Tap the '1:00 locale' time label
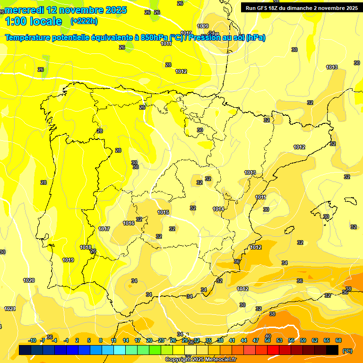coord(33,21)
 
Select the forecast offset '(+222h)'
coord(84,21)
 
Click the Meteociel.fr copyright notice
coord(200,359)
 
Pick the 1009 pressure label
coord(203,26)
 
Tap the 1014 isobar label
coord(218,209)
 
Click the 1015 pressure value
coord(163,213)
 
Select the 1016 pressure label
coord(129,223)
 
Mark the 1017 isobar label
coord(104,229)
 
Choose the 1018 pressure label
coord(86,247)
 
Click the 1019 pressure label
coord(68,260)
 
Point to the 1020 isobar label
coord(29,280)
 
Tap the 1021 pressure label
coord(10,309)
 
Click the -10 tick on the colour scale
coord(32,340)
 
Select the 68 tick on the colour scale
coord(338,340)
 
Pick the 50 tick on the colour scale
coord(268,340)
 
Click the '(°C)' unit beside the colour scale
coord(347,350)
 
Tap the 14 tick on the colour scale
coord(126,340)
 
